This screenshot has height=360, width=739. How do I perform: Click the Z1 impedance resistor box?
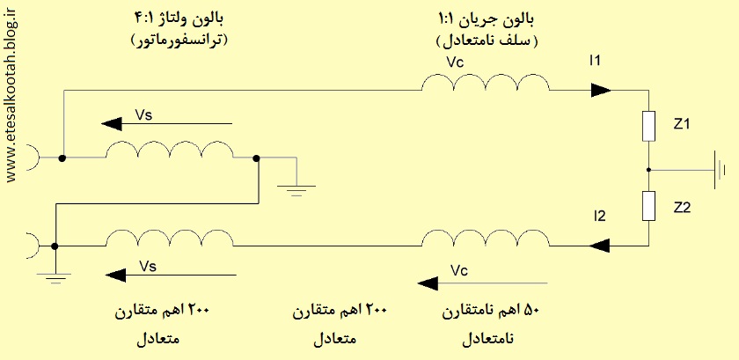pyautogui.click(x=649, y=127)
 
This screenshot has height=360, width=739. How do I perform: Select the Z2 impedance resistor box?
pyautogui.click(x=649, y=206)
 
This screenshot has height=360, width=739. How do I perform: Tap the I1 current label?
pyautogui.click(x=596, y=61)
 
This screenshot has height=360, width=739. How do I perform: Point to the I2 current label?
pyautogui.click(x=600, y=217)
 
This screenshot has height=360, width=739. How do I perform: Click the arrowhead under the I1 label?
pyautogui.click(x=601, y=90)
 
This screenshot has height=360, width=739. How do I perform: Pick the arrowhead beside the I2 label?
pyautogui.click(x=599, y=246)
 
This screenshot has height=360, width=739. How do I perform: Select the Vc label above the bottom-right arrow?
pyautogui.click(x=459, y=270)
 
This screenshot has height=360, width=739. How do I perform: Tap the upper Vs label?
pyautogui.click(x=143, y=115)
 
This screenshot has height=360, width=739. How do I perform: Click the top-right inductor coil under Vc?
pyautogui.click(x=486, y=83)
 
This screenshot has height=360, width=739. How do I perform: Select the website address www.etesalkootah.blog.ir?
pyautogui.click(x=12, y=93)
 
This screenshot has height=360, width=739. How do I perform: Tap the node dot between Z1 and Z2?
pyautogui.click(x=649, y=170)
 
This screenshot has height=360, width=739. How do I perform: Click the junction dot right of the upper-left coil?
pyautogui.click(x=256, y=158)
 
